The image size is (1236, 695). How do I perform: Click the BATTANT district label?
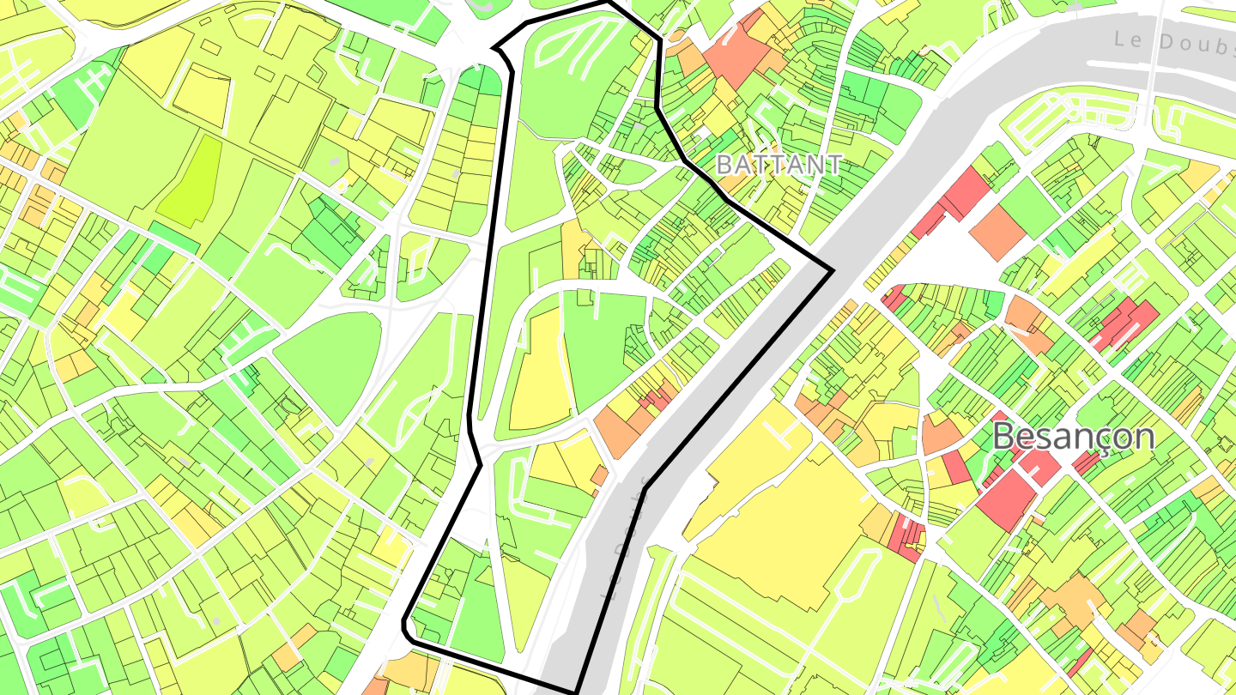(x=779, y=164)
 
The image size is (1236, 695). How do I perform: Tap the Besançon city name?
(x=1074, y=436)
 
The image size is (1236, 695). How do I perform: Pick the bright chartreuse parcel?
(x=190, y=183)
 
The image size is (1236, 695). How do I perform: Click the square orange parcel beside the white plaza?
(x=998, y=230)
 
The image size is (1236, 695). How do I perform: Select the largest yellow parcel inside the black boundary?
(x=539, y=369)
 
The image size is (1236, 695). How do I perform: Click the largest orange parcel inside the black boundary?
(x=616, y=429)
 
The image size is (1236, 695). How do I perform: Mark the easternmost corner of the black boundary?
(x=833, y=271)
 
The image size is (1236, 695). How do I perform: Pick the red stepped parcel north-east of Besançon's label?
(x=1124, y=324)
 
